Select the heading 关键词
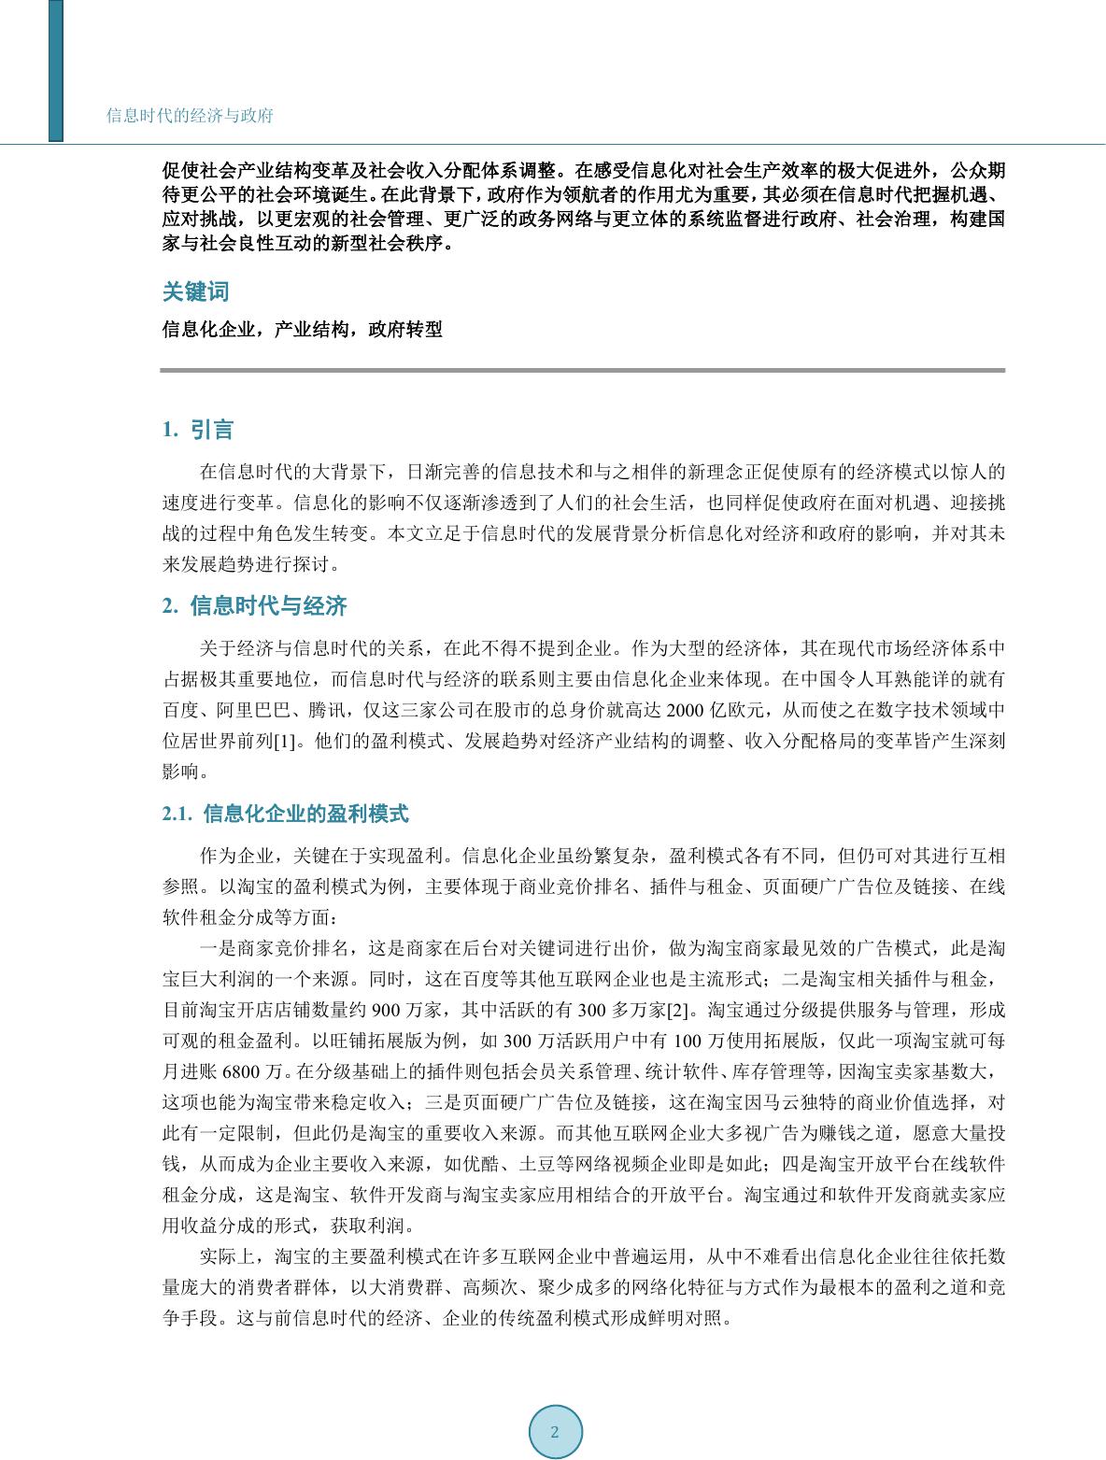(195, 291)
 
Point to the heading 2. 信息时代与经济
(254, 606)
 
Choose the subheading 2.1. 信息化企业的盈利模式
(285, 814)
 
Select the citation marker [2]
(676, 1011)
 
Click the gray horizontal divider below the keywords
(582, 371)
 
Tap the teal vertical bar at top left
(56, 70)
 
